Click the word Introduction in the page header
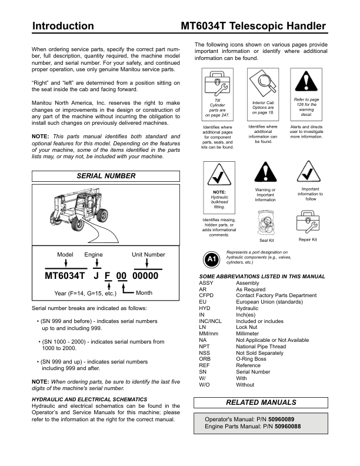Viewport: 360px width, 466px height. coord(63,26)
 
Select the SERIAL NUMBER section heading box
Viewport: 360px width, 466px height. coord(106,176)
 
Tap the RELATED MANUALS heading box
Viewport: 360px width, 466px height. coord(262,402)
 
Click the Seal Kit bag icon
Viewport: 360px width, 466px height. coord(266,221)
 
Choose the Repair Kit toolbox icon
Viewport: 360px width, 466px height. coord(308,222)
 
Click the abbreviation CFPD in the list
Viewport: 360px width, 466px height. coord(206,295)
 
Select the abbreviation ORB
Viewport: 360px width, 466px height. coord(204,359)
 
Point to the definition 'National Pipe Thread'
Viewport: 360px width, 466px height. coord(261,347)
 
